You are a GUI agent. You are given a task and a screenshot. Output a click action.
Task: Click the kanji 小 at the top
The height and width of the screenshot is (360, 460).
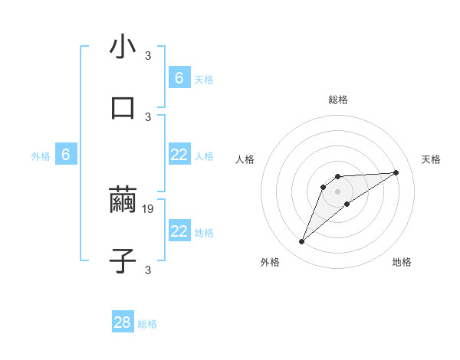(x=123, y=47)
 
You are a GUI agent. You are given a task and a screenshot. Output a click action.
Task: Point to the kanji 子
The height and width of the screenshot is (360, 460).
(x=123, y=260)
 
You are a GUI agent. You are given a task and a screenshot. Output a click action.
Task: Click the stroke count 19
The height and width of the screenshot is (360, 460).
(x=149, y=208)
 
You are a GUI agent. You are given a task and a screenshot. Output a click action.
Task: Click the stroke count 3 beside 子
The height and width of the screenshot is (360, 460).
(x=148, y=269)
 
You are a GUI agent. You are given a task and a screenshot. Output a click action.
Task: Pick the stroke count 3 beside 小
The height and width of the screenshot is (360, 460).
(x=148, y=55)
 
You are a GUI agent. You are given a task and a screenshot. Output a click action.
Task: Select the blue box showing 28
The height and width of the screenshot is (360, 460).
(x=123, y=322)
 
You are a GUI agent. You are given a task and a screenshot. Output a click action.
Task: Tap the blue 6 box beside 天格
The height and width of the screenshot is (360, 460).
(x=179, y=77)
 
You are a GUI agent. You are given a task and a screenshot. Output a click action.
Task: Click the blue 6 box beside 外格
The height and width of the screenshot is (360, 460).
(x=66, y=155)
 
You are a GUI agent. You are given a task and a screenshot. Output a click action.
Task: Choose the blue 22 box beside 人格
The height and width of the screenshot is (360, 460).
(x=179, y=155)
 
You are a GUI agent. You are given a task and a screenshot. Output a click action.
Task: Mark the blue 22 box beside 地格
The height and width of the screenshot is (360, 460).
(x=179, y=231)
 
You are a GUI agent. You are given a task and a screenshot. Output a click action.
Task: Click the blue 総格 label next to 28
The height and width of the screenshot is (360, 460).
(x=147, y=324)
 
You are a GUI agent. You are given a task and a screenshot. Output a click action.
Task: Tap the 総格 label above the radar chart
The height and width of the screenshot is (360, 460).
(x=338, y=100)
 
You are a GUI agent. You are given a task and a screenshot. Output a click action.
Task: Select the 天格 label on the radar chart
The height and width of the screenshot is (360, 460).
(x=431, y=159)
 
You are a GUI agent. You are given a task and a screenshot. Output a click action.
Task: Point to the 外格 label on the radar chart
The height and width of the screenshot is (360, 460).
(x=270, y=262)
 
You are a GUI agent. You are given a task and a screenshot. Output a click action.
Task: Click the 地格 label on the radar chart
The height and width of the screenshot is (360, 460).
(x=402, y=262)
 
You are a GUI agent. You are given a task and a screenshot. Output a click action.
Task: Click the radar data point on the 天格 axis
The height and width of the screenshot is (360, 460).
(x=396, y=172)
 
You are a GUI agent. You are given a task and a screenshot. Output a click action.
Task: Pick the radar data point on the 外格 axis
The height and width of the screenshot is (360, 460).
(x=301, y=242)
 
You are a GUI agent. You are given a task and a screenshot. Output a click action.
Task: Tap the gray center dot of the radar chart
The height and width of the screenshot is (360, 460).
(x=338, y=191)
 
